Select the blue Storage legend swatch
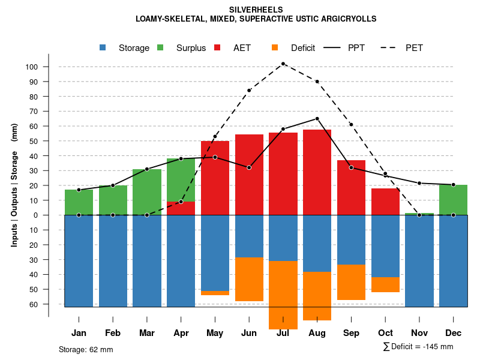click(103, 48)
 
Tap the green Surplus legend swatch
click(161, 48)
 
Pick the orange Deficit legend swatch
click(275, 48)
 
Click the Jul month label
click(283, 333)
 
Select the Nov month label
click(419, 333)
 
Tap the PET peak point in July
click(283, 64)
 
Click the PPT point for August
click(317, 119)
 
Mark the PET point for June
click(249, 91)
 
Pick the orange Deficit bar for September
click(351, 282)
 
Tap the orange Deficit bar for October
click(385, 284)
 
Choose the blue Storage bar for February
click(113, 261)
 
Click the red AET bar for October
click(385, 202)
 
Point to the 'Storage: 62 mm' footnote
click(86, 349)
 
